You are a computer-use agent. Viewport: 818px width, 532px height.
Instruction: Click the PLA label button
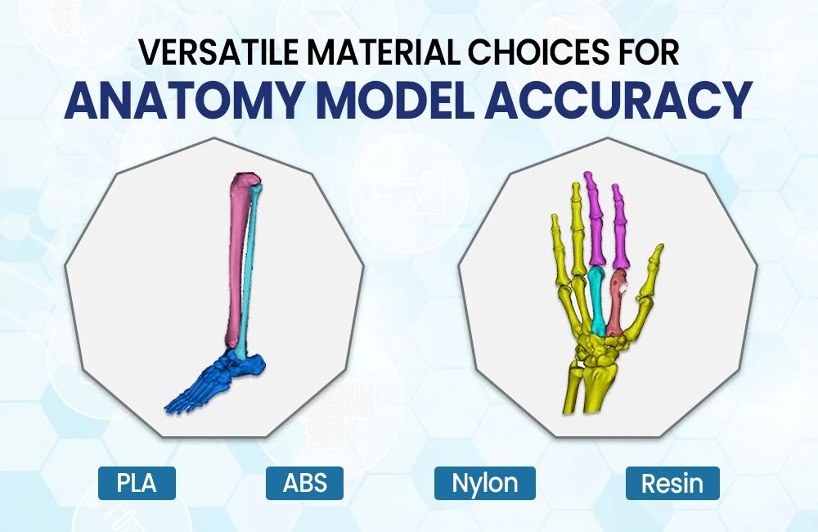coord(137,483)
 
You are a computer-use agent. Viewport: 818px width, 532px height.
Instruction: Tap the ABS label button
coord(304,483)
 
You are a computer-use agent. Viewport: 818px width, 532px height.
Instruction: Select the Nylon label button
coord(484,483)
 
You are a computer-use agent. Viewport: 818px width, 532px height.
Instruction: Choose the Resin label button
coord(672,483)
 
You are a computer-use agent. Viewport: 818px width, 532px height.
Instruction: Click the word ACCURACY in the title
coord(618,99)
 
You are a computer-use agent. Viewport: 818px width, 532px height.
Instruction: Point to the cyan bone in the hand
coord(597,301)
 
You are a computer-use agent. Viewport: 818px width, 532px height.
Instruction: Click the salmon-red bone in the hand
coord(616,303)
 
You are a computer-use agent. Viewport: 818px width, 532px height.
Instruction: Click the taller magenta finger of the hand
coord(595,219)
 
